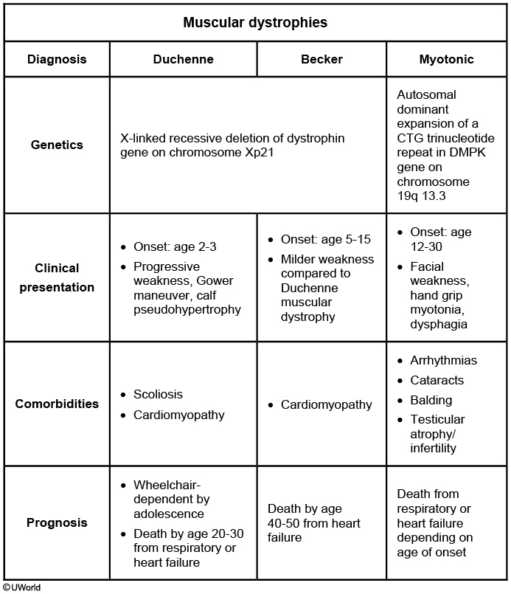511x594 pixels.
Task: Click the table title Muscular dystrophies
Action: pos(255,22)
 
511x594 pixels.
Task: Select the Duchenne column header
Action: pos(183,59)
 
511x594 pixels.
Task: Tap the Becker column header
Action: pos(321,59)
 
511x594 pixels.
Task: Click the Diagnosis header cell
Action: pos(57,59)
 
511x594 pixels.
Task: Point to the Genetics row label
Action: pos(57,145)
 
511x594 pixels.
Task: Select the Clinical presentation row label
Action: pos(57,277)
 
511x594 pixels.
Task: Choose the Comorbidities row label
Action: pos(57,404)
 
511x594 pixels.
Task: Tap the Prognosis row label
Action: pos(57,522)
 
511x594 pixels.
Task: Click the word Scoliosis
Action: pos(158,395)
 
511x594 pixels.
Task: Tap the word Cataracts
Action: pos(437,381)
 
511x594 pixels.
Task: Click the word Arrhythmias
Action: pos(443,361)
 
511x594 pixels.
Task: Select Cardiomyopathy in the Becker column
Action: pos(326,404)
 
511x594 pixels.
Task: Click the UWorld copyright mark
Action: pos(21,588)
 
